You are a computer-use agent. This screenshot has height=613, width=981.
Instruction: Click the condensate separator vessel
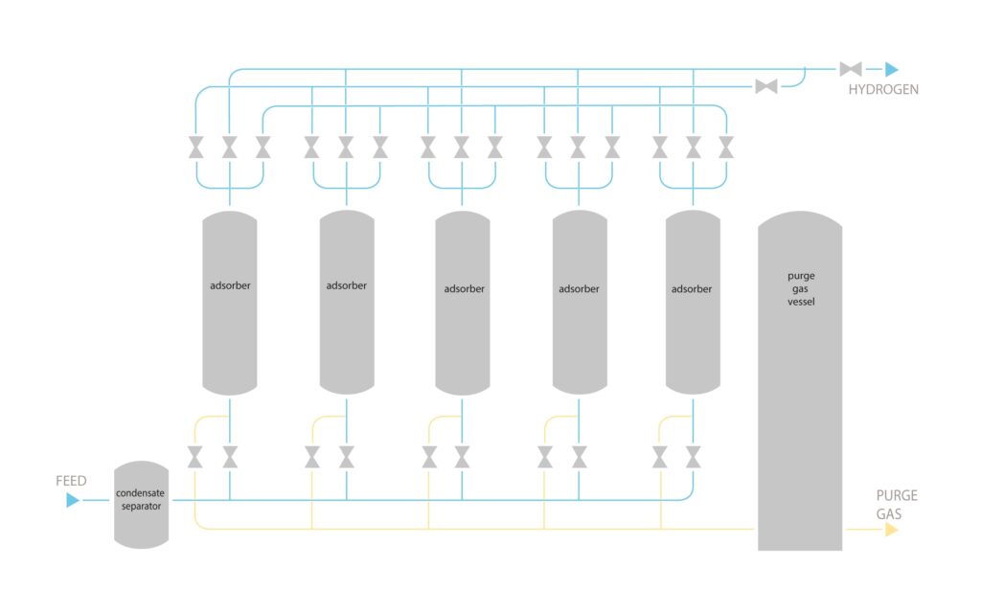(x=141, y=505)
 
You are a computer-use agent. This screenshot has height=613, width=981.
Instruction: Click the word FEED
(x=71, y=481)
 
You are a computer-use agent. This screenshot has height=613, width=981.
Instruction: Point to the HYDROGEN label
(x=883, y=89)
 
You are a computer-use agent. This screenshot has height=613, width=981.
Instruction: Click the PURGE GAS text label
(x=897, y=505)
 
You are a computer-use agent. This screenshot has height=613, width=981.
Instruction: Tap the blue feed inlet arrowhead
(x=73, y=500)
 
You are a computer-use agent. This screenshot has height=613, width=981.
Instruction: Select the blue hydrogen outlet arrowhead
(x=891, y=69)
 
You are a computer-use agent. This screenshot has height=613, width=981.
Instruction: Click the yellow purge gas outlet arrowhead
(x=892, y=529)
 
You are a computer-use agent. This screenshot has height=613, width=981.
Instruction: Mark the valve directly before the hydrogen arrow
(x=850, y=69)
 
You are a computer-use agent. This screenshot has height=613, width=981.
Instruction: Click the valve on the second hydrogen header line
(x=765, y=86)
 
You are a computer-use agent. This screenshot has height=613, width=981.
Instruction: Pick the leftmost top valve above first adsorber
(x=196, y=148)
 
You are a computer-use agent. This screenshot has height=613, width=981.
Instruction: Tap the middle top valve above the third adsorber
(x=462, y=148)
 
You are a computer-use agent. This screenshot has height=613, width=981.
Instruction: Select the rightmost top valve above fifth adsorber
(x=726, y=148)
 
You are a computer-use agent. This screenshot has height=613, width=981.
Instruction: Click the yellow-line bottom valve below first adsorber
(x=195, y=457)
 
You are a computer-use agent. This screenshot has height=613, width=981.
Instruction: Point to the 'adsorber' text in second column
(x=346, y=284)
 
